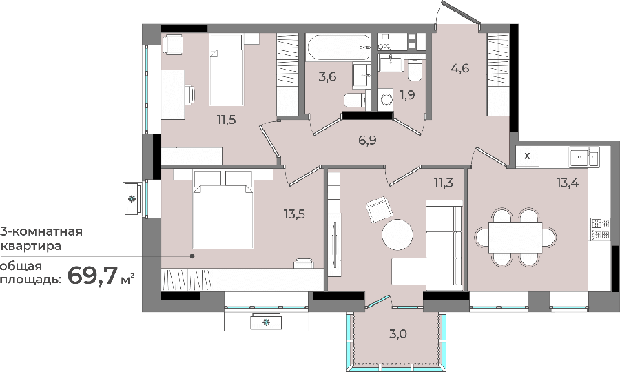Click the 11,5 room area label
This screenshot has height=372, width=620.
point(226,119)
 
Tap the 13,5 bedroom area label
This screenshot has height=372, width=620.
point(294,215)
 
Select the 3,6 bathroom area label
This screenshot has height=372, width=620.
point(327,76)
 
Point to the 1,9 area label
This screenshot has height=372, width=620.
point(407,95)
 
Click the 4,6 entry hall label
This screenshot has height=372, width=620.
point(460,68)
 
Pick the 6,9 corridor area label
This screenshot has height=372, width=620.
point(367,140)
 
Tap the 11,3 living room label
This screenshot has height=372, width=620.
point(443,183)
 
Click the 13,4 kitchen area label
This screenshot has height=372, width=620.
point(568,183)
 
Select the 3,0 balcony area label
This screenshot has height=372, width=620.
point(397,334)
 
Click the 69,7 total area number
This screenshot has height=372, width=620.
point(93,275)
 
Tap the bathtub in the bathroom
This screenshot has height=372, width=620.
point(339,48)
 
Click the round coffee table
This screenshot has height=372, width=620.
point(397,234)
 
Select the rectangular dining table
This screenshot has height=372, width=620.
point(515,237)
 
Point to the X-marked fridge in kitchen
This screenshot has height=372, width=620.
point(528,156)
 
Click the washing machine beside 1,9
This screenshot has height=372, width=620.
point(386,99)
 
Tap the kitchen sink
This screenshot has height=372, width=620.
point(584,157)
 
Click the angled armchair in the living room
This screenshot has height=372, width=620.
point(380,209)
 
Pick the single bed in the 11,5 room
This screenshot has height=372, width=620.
point(226,70)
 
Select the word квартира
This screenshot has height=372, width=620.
point(31,246)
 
